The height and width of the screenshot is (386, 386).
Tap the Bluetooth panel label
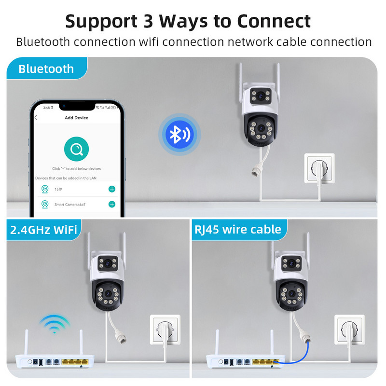46,69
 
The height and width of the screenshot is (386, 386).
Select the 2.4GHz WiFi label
43,229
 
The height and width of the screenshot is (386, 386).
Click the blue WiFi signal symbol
54,325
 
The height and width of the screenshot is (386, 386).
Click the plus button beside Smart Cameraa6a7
112,204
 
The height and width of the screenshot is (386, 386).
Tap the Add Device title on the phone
76,118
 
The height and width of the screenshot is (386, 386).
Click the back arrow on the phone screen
36,118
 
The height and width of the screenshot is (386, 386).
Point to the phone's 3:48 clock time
46,107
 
